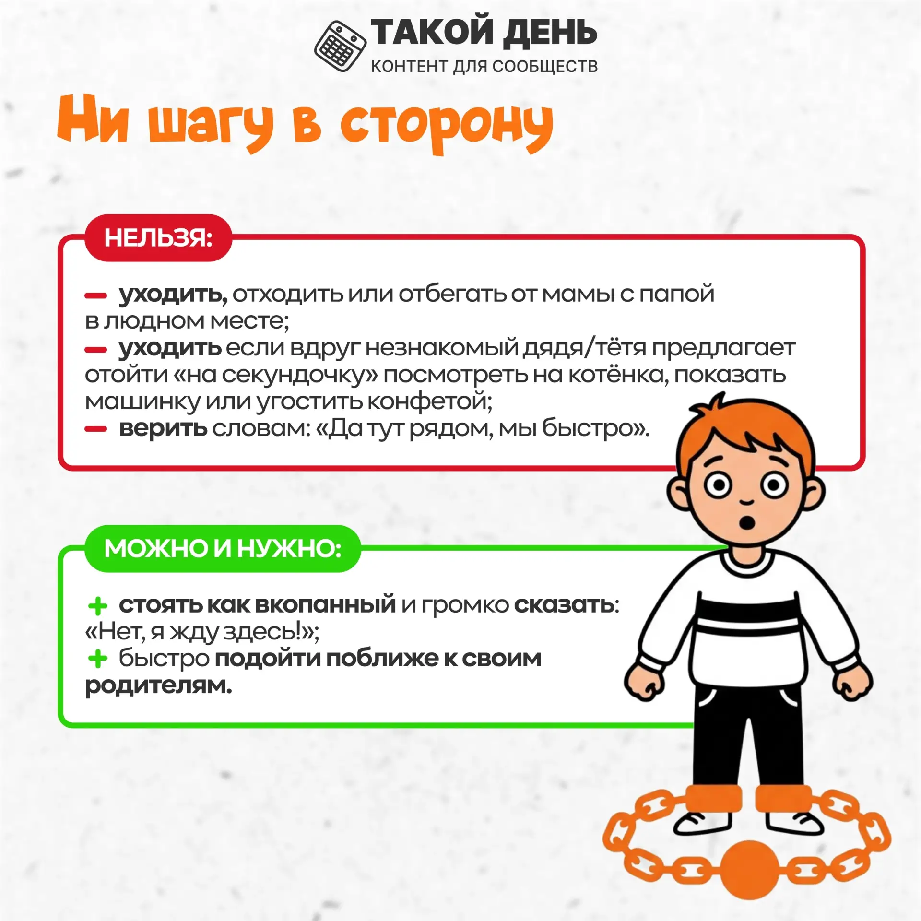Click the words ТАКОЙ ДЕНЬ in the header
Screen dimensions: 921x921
[x=484, y=33]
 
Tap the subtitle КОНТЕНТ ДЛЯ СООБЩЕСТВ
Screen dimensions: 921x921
[x=484, y=66]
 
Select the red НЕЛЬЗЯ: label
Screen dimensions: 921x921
[x=158, y=237]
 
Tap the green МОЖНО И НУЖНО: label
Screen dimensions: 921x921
[x=223, y=548]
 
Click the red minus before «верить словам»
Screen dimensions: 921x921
[x=95, y=429]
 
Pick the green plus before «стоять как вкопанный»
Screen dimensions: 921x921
[x=98, y=606]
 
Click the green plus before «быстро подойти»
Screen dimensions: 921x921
[x=98, y=659]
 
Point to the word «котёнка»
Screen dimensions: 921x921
[x=618, y=375]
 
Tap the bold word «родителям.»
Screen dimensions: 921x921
[x=158, y=686]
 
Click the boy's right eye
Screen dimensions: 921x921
[x=718, y=485]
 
